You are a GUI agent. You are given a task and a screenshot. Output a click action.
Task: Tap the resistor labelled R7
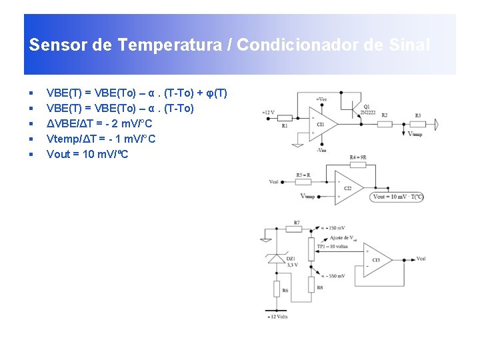(x=296, y=228)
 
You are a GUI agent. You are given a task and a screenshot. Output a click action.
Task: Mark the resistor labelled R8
(x=311, y=285)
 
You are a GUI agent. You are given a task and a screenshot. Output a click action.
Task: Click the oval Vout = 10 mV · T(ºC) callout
(x=398, y=197)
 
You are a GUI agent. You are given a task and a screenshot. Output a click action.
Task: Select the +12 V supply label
(x=268, y=112)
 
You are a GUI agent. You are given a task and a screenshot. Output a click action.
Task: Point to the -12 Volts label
(x=277, y=316)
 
